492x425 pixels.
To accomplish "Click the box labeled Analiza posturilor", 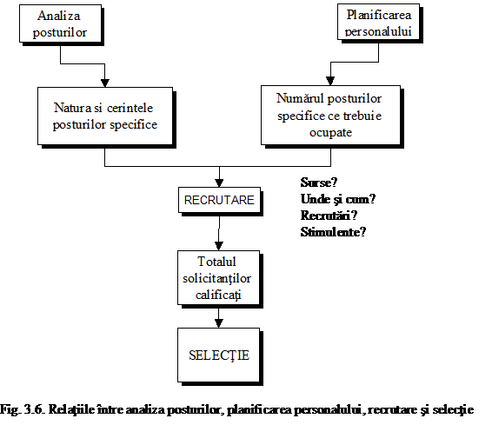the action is [x=60, y=23].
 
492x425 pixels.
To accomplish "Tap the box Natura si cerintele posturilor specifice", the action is [x=105, y=116].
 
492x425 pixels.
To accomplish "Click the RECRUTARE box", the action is [x=219, y=200].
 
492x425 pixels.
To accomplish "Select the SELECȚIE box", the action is [x=219, y=355].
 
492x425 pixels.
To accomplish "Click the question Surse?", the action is [x=319, y=183].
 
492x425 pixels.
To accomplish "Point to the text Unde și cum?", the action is [x=338, y=199].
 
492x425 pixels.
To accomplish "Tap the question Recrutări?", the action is [x=329, y=216].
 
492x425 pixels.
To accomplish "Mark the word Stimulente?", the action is [x=333, y=232].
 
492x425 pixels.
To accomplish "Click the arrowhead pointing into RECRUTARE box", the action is [x=219, y=183].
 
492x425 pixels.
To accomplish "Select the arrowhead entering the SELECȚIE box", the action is [x=219, y=323].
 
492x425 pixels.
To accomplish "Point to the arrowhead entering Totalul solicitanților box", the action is [x=219, y=246].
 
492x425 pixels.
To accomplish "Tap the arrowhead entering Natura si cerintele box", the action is [x=105, y=83].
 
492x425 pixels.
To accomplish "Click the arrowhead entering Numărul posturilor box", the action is [x=330, y=81].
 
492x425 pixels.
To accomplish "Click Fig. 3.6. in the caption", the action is [x=22, y=409].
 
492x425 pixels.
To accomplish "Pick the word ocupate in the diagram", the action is [x=330, y=133].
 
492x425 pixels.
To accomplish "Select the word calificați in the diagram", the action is [x=218, y=296].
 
